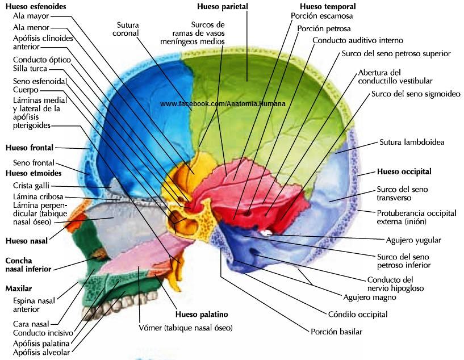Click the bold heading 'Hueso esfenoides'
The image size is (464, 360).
point(36,6)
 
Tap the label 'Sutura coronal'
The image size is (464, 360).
point(126,29)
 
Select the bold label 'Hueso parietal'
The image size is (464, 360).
point(223,6)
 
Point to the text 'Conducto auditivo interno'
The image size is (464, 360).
point(357,40)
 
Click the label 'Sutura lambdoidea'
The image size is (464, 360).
point(412,142)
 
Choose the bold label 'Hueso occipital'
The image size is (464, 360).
point(404,171)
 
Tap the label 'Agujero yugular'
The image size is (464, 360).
point(413,240)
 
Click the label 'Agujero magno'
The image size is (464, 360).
point(370,297)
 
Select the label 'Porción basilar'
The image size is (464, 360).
point(336,332)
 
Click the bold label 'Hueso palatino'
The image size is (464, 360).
point(202,314)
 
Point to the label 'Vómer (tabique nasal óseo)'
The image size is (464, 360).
point(186,328)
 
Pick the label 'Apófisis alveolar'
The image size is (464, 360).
point(41,352)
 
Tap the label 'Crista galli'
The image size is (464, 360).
point(31,186)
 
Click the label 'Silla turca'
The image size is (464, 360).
point(30,68)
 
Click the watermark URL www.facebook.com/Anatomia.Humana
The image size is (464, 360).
point(223,104)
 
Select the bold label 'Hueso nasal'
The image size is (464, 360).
point(27,241)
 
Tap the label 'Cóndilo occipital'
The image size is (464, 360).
point(358,314)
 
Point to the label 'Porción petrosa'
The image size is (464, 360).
point(324,29)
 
